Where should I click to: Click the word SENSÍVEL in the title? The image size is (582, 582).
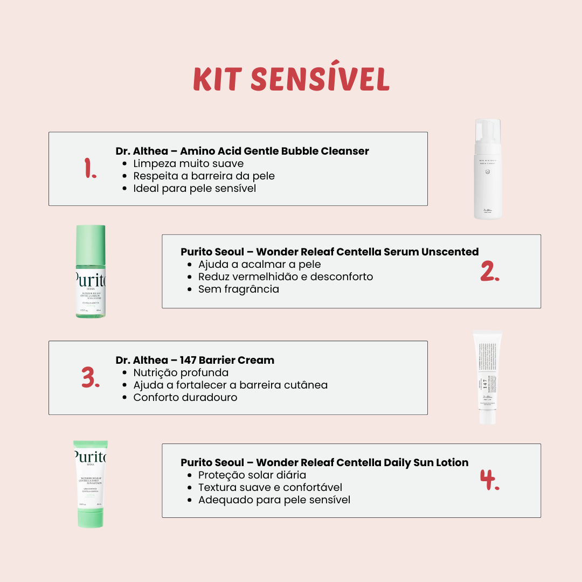pyautogui.click(x=320, y=80)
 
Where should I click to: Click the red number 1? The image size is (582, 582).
pyautogui.click(x=91, y=169)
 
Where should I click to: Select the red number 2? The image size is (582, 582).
pyautogui.click(x=490, y=272)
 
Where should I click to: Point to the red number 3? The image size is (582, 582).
pyautogui.click(x=91, y=378)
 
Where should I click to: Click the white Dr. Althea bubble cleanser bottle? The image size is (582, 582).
pyautogui.click(x=488, y=170)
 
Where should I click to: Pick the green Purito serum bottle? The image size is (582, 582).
pyautogui.click(x=91, y=272)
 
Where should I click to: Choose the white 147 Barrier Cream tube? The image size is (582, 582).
pyautogui.click(x=487, y=377)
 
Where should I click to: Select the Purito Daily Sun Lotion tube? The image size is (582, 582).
pyautogui.click(x=91, y=482)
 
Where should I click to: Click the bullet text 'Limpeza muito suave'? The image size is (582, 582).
pyautogui.click(x=189, y=163)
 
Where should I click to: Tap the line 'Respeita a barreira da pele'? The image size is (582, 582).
pyautogui.click(x=204, y=176)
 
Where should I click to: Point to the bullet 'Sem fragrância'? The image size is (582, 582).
pyautogui.click(x=239, y=289)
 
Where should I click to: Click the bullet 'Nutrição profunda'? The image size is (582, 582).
pyautogui.click(x=181, y=372)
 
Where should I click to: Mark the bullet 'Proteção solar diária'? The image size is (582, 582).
pyautogui.click(x=252, y=475)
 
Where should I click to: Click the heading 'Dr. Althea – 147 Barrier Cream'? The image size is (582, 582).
pyautogui.click(x=195, y=360)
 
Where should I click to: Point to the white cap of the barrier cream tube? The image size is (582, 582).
pyautogui.click(x=487, y=416)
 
